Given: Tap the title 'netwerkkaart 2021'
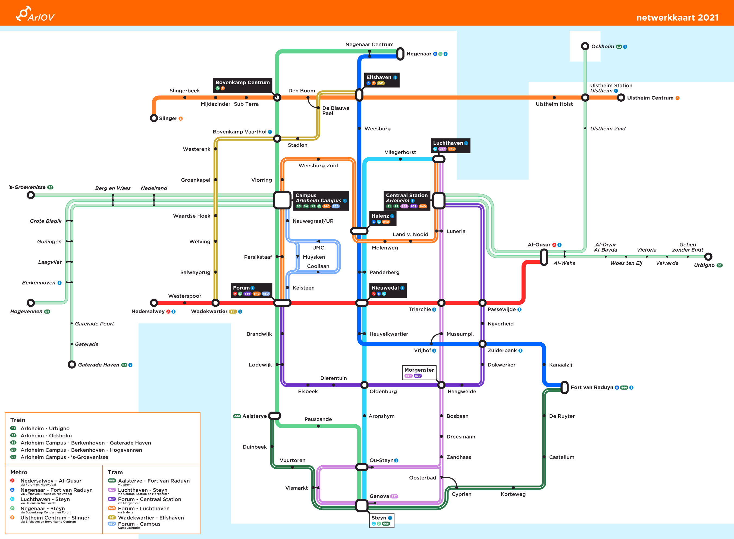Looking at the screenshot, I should click(677, 18).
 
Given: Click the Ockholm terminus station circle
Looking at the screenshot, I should click(585, 46).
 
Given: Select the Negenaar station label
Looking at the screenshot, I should click(419, 54).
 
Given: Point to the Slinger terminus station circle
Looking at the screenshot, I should click(154, 118).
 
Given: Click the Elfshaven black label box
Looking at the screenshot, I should click(381, 80).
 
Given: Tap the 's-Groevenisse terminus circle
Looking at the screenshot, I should click(31, 195).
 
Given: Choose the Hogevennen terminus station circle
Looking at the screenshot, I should click(31, 303).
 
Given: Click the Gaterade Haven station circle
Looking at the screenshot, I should click(72, 364).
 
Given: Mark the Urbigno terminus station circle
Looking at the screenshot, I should click(708, 257).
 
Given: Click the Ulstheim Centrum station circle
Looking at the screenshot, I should click(621, 98).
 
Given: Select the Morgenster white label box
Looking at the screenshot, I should click(419, 372).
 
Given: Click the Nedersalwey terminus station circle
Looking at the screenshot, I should click(154, 303).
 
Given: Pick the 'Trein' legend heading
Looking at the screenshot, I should click(18, 420).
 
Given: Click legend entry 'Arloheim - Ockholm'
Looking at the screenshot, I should click(46, 435).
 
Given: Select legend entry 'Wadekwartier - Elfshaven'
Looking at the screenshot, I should click(151, 518).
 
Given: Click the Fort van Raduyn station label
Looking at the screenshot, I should click(592, 387).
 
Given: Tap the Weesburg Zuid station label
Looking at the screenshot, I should click(318, 166).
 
